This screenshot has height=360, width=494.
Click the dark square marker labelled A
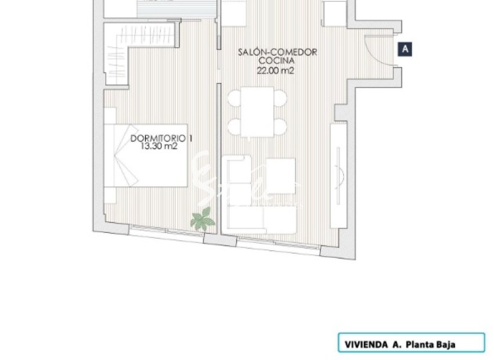coord(405,50)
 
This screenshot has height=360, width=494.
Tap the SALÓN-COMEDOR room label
coord(277,52)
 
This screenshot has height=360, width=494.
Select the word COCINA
coord(277,60)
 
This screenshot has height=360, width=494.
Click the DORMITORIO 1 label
coord(161,139)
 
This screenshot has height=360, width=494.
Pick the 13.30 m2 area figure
coord(159,147)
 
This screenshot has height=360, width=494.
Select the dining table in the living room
coord(257,111)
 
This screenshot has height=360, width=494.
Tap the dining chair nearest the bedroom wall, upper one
coord(234,98)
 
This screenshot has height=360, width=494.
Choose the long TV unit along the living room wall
coord(338,175)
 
